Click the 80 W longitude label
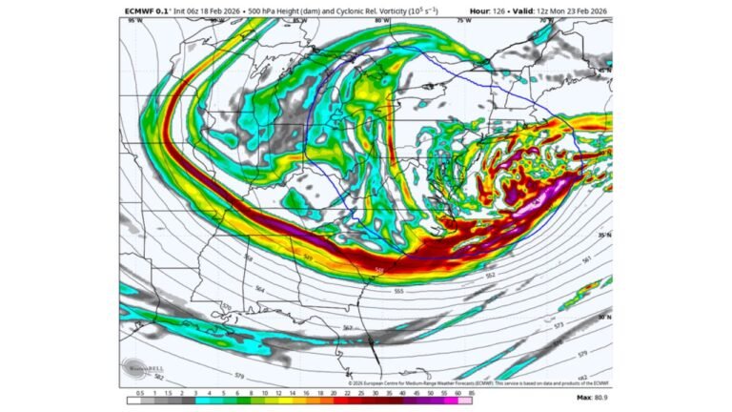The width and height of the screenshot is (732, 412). [381, 20]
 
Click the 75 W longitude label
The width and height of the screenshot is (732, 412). [463, 20]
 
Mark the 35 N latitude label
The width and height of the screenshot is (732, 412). [603, 234]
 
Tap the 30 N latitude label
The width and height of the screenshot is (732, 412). [603, 316]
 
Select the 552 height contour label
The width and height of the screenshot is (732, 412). [490, 275]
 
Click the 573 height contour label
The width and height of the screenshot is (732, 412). [559, 325]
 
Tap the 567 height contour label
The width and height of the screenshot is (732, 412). [348, 328]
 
